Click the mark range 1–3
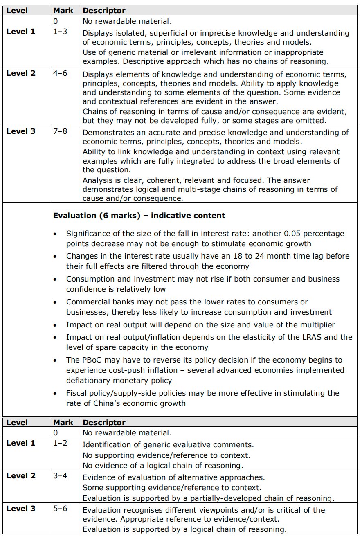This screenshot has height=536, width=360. [60, 32]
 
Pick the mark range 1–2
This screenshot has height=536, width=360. [60, 443]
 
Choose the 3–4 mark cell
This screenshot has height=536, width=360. [60, 476]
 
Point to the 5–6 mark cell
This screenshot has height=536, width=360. [60, 509]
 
